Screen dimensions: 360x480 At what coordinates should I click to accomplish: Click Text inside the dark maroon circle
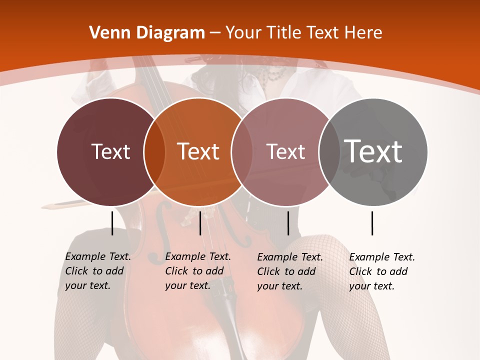(110, 151)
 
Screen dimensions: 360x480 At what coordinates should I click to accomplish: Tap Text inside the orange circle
(198, 151)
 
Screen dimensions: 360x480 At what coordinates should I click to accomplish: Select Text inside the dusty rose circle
(285, 151)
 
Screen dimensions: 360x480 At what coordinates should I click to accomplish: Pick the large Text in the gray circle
(373, 151)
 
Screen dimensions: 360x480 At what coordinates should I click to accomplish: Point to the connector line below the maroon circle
(112, 223)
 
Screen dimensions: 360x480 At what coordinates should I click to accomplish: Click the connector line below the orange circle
(200, 223)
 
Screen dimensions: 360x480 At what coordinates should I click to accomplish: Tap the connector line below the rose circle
(288, 223)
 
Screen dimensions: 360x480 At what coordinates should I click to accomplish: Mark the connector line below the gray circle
(372, 223)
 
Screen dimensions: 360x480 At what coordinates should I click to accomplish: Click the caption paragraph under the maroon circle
(98, 271)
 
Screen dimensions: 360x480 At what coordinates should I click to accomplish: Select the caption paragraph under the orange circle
(198, 271)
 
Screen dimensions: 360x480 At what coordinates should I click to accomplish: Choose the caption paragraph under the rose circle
(290, 271)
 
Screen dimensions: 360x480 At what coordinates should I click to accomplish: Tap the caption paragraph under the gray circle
(382, 271)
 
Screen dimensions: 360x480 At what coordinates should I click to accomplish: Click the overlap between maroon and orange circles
(154, 151)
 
